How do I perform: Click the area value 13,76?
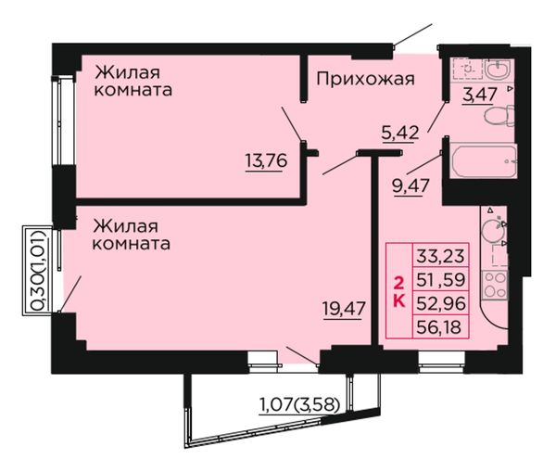tap(266, 160)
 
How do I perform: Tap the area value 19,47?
tap(344, 308)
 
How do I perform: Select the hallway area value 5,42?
tap(400, 134)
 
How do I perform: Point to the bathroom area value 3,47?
tap(479, 95)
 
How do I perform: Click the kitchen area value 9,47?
tap(411, 185)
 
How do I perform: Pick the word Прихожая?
tap(365, 79)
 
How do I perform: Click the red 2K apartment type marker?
tap(398, 292)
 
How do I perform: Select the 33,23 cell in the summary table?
tap(440, 255)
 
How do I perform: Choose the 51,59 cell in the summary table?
tap(440, 279)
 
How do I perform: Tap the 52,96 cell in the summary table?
tap(440, 303)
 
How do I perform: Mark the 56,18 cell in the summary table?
tap(440, 326)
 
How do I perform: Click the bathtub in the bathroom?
tap(483, 160)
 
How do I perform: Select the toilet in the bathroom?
tap(499, 115)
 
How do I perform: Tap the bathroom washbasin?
tap(498, 69)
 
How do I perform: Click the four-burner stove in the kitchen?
tap(495, 285)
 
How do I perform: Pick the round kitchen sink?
tap(493, 231)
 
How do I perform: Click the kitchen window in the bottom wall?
tap(442, 362)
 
